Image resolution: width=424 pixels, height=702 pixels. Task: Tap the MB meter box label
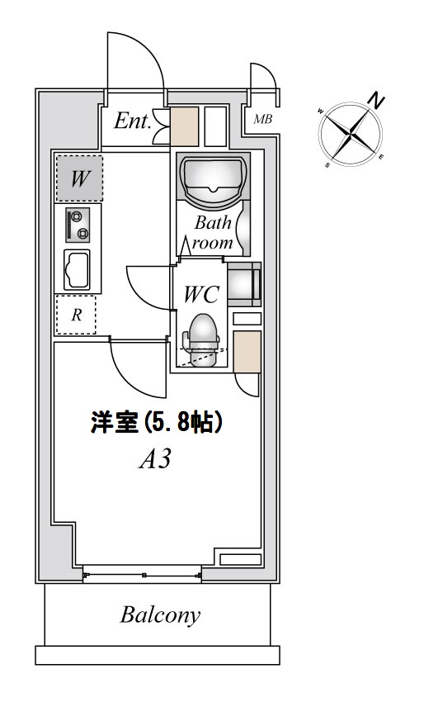[x=263, y=120]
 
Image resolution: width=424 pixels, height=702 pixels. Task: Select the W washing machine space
[x=79, y=178]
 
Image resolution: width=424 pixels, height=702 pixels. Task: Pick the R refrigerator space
[x=76, y=315]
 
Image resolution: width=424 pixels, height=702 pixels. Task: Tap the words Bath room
[x=213, y=232]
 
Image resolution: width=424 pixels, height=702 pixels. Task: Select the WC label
[x=200, y=293]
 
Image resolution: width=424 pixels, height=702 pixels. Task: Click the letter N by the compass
[x=377, y=102]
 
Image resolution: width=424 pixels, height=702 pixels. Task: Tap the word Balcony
[x=161, y=614]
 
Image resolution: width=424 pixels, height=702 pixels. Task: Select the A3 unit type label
[x=154, y=459]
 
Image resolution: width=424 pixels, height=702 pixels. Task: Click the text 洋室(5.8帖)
[x=157, y=424]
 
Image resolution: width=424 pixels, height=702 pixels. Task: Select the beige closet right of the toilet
[x=247, y=350]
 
